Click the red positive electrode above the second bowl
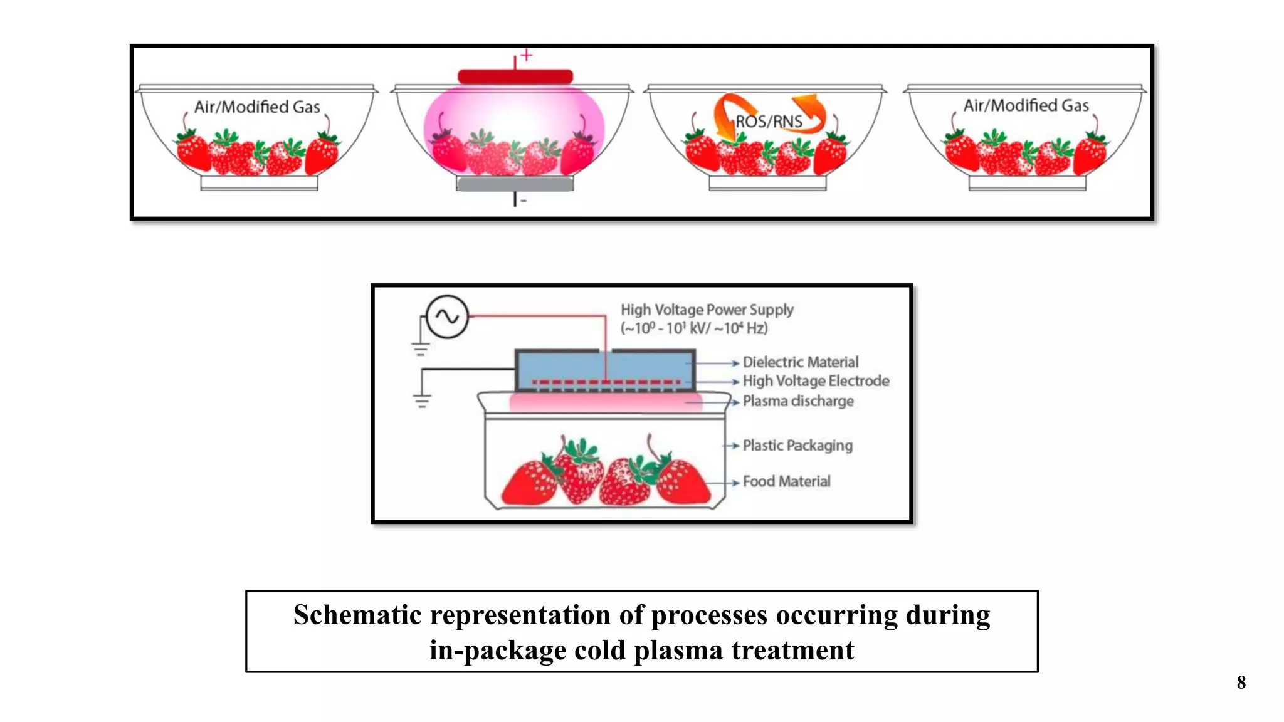(515, 77)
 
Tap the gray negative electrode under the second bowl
(515, 184)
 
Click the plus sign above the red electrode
(527, 55)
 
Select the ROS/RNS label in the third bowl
(769, 122)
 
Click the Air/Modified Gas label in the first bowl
(257, 107)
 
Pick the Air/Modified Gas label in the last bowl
(1026, 105)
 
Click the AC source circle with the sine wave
(447, 317)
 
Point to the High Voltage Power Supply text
(707, 310)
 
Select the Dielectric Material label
(800, 362)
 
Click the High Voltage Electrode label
(816, 381)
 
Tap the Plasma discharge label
(797, 401)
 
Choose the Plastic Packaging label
(797, 446)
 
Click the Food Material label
(786, 481)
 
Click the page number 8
(1241, 683)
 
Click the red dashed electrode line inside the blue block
(605, 382)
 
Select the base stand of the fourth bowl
(1026, 183)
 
